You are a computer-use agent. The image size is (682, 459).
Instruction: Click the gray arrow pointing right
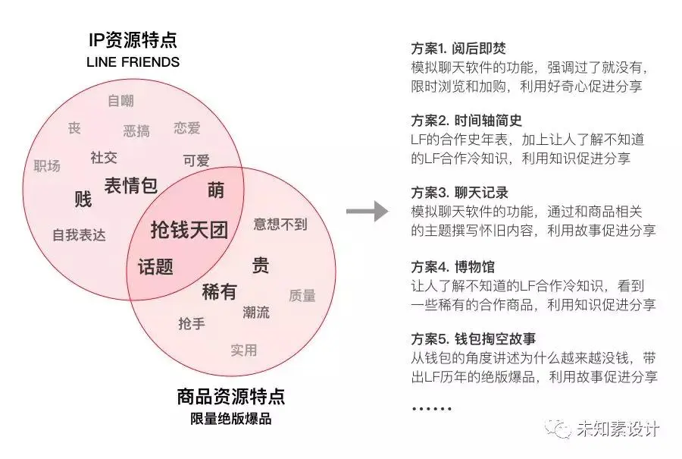(367, 212)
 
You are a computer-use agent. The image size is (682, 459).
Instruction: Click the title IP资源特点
(133, 40)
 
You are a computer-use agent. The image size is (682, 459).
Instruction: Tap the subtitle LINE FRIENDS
(133, 61)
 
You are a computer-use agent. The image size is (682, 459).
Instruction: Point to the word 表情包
(130, 184)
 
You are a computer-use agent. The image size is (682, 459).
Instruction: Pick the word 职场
(47, 165)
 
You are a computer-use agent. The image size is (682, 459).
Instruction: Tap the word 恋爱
(186, 127)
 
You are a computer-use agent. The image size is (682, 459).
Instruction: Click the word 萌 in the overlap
(216, 190)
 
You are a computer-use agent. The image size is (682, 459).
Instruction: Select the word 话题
(155, 267)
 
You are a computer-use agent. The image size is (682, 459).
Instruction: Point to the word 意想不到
(280, 224)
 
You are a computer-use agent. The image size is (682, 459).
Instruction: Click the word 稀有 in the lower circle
(219, 291)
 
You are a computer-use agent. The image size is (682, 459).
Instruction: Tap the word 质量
(302, 296)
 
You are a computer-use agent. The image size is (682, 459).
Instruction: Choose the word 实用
(243, 350)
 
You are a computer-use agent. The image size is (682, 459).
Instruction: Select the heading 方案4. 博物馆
(452, 267)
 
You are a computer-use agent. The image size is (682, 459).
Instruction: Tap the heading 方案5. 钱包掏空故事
(474, 339)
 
